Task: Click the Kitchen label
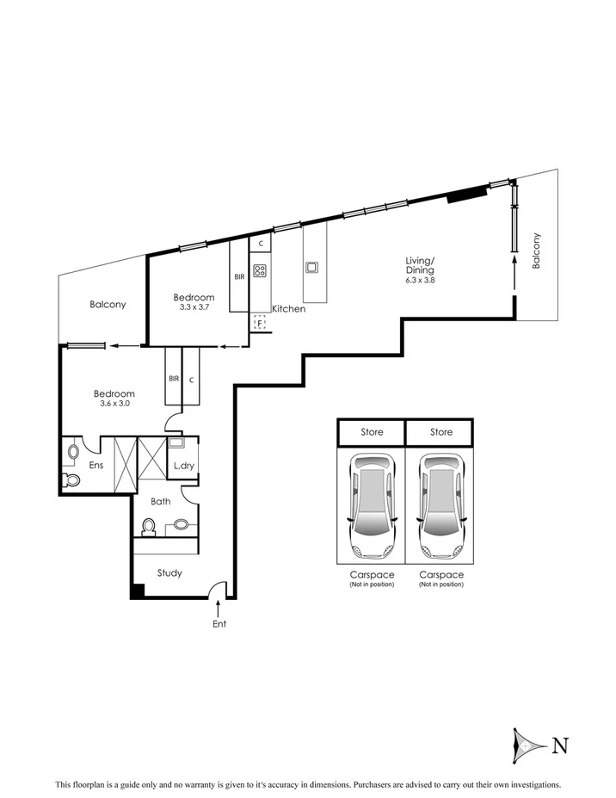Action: (x=288, y=308)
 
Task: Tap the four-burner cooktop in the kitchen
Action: (x=260, y=269)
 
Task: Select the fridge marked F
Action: (x=259, y=322)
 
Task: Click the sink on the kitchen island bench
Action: (x=311, y=267)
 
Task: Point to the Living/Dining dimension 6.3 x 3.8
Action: (x=421, y=281)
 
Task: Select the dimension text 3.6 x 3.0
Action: (x=114, y=404)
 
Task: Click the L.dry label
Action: (x=183, y=466)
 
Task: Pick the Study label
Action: (x=169, y=572)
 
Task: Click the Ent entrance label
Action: (x=219, y=624)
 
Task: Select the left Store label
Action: (x=371, y=431)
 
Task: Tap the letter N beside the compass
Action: (x=559, y=745)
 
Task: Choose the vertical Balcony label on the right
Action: (x=536, y=251)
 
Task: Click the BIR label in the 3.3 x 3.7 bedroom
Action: (x=238, y=276)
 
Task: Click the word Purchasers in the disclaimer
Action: (x=380, y=785)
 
